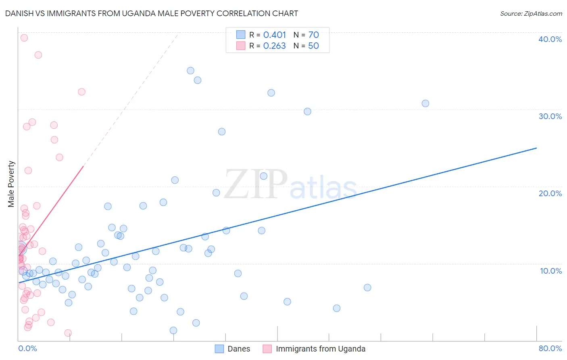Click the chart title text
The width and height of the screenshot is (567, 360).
(152, 13)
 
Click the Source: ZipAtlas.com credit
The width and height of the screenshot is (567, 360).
(531, 13)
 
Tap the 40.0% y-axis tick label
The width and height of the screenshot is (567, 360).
(550, 39)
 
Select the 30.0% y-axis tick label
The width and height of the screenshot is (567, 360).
(550, 116)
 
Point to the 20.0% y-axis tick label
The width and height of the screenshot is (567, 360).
(550, 193)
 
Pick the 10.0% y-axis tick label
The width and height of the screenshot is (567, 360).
(550, 271)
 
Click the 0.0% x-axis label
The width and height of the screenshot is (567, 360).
(27, 348)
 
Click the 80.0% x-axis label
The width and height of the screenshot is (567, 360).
(550, 348)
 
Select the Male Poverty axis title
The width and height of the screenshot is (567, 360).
(11, 184)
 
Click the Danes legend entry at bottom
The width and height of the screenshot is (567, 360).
(239, 349)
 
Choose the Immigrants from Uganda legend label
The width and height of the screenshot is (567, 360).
(320, 349)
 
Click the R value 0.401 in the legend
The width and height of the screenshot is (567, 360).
(275, 35)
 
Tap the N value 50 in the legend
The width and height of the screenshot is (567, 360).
(313, 46)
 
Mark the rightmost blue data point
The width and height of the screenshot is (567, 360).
(425, 103)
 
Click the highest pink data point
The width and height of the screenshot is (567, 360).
(24, 38)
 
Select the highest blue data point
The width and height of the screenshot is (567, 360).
(190, 71)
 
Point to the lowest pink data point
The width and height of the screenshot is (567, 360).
(68, 333)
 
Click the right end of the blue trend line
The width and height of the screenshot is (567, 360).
(536, 148)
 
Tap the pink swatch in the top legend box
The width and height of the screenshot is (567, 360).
(241, 46)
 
